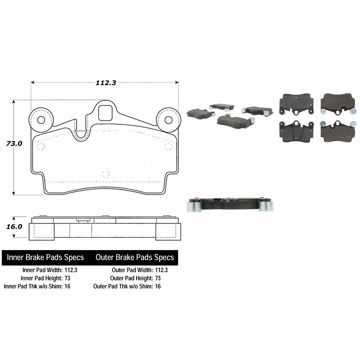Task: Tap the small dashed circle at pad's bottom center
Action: (105, 173)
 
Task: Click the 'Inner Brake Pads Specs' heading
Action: (45, 258)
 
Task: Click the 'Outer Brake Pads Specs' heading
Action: (135, 258)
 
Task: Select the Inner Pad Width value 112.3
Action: (71, 270)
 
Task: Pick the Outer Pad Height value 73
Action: (158, 278)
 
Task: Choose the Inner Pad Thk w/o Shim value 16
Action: (67, 286)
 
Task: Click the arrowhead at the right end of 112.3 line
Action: (176, 82)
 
